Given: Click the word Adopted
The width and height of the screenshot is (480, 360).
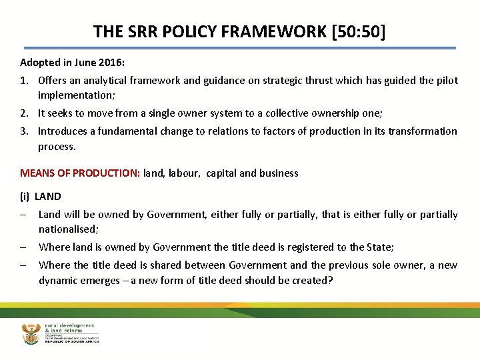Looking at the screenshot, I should click(39, 63).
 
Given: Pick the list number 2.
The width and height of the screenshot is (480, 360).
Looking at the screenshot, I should click(24, 114).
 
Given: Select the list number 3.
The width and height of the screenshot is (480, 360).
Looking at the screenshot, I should click(24, 131).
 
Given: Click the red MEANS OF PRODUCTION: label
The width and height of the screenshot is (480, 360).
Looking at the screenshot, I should click(80, 173).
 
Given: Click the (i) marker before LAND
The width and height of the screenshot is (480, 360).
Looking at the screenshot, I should click(25, 197).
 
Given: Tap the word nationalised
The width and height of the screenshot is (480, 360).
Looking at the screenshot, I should click(67, 229).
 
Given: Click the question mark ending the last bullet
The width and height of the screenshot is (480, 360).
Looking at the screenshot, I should click(330, 281).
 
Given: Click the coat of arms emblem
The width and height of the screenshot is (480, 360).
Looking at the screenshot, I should click(31, 333).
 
